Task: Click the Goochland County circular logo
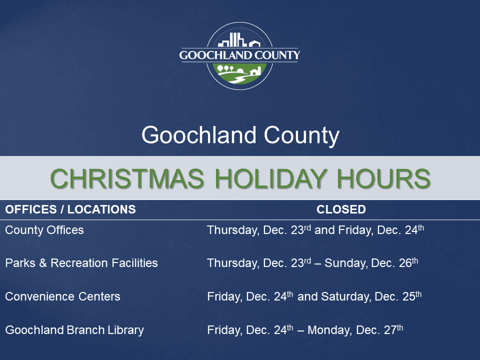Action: point(239,56)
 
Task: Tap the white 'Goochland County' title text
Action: point(240,135)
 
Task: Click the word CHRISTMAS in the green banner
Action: point(127,179)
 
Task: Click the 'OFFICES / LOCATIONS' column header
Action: point(70,209)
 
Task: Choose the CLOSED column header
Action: point(341,209)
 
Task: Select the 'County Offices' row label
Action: point(44,230)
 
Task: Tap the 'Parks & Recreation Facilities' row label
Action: point(81,263)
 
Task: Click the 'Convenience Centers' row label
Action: point(62,296)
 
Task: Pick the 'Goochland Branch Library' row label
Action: point(74,330)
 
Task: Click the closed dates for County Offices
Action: point(315,230)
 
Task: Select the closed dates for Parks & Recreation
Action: point(312,263)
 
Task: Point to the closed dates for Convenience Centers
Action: point(314,296)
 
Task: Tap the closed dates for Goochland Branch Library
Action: point(305,330)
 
